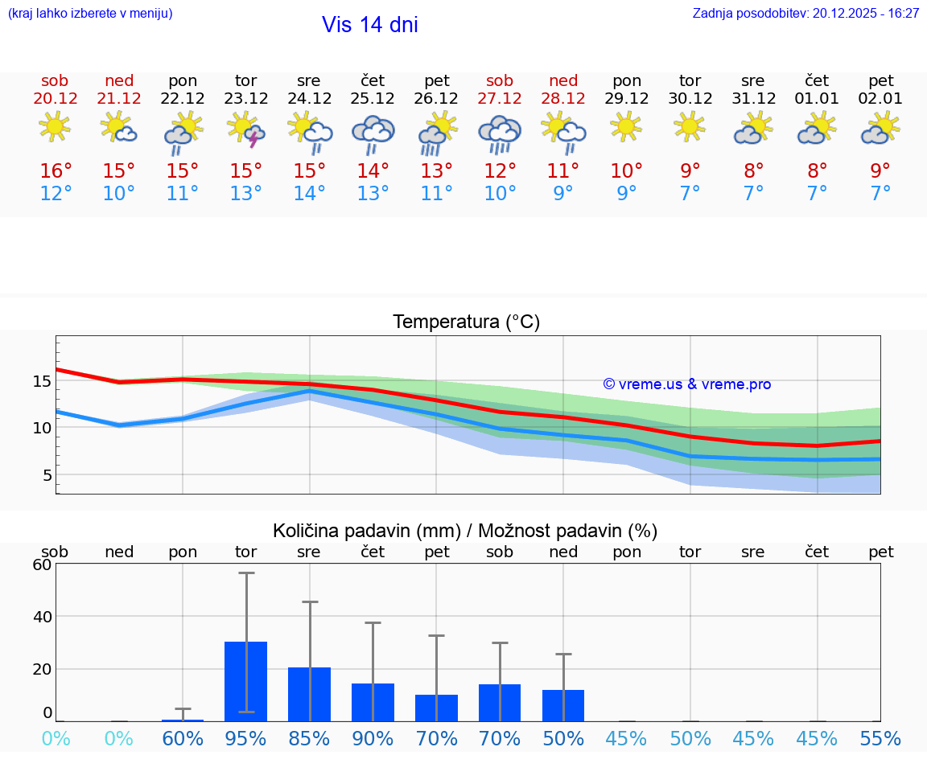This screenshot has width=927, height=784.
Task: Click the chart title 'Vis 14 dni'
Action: point(370,25)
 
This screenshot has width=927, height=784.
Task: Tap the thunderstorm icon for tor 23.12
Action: point(246,129)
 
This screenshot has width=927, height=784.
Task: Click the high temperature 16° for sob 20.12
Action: point(56,171)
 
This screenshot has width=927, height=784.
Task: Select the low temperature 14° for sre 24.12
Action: point(310,194)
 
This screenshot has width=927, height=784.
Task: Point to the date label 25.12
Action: point(373,99)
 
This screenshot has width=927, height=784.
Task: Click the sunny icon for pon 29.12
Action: point(627,127)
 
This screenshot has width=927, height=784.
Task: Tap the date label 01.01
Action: point(818,99)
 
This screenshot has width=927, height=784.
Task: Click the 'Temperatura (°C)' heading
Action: point(467,322)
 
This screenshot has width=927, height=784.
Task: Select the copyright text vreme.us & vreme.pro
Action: point(687,384)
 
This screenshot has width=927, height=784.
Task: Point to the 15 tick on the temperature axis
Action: point(43,381)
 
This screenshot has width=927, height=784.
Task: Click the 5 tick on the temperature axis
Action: point(47,475)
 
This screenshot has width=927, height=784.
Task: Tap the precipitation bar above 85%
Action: point(310,694)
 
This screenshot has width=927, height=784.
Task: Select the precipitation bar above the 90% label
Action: point(373,702)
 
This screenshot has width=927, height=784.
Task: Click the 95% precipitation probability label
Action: point(246,739)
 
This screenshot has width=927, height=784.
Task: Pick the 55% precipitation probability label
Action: point(880,739)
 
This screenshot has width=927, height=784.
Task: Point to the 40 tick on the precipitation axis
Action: point(42,617)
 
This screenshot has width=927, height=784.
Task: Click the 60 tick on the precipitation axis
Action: point(42,564)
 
